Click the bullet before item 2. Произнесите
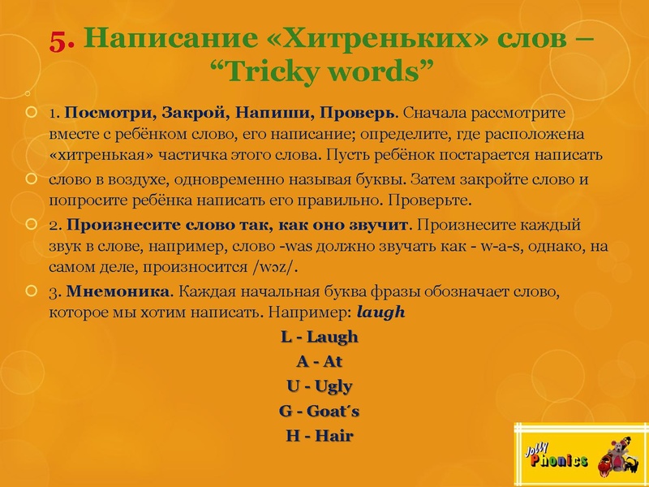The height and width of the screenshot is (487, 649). point(32,223)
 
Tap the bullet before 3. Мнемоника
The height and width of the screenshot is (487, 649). point(32,291)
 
